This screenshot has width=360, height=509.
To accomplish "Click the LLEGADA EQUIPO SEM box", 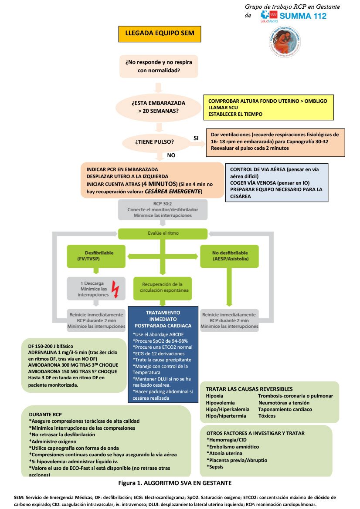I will [160, 33].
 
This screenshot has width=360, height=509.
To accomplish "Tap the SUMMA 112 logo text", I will [302, 16].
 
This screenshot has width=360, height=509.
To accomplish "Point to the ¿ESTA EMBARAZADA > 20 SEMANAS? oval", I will [158, 107].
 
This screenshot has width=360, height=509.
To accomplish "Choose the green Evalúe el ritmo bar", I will [163, 233].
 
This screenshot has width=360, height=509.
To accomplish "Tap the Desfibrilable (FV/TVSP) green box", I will [96, 256].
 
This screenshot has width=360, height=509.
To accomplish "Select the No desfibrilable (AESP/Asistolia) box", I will [230, 256].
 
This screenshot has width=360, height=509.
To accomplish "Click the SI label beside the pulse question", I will [196, 138].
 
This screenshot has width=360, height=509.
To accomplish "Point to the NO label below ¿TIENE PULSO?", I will [172, 155].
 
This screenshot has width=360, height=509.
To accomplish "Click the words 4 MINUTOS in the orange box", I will [159, 184].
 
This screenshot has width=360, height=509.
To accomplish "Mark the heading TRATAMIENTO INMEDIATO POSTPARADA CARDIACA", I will [163, 319].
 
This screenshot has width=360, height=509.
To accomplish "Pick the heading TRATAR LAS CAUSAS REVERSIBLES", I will [249, 389].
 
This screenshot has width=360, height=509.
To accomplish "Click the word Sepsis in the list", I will [216, 466].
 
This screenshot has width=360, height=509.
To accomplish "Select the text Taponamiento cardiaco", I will [285, 409].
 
